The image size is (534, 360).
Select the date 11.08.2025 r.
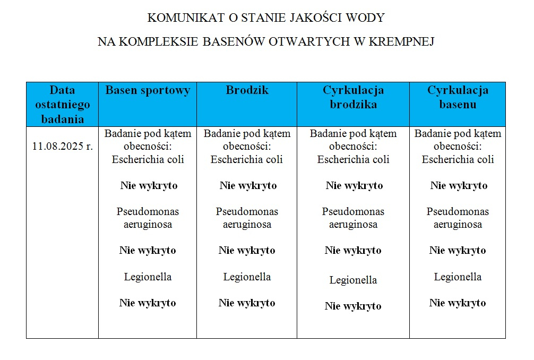pos(63,147)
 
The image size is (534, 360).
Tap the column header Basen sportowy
pos(148,90)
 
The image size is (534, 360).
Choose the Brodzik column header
pos(247,90)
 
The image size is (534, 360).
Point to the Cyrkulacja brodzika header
pos(353,97)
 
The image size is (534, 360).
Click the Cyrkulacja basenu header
pos(458,97)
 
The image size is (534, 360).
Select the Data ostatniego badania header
pos(63,104)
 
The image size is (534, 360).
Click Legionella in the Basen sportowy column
pos(148,277)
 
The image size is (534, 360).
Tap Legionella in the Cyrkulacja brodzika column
pos(353,280)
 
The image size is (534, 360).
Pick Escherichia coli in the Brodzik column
pos(247,159)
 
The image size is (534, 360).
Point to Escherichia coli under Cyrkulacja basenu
pos(458,159)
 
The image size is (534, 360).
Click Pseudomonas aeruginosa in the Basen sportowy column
pos(148,218)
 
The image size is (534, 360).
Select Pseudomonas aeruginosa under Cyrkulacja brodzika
pos(353,218)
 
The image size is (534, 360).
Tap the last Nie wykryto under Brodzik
pos(247,303)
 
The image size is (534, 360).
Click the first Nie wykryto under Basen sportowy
pos(148,186)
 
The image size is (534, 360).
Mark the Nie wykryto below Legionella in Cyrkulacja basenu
pos(458,303)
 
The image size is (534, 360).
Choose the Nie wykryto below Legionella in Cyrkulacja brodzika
pos(353,306)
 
